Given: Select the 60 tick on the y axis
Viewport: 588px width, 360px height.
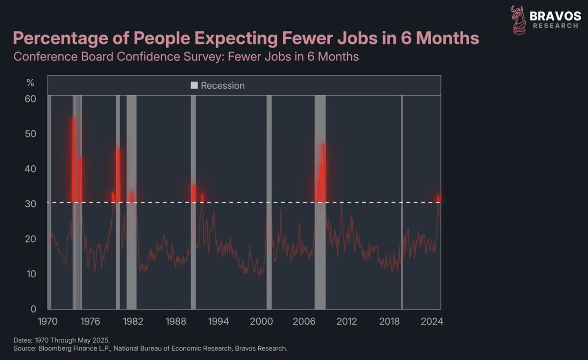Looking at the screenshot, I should point(31,98).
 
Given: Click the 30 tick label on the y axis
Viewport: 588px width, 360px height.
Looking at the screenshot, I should point(31,204).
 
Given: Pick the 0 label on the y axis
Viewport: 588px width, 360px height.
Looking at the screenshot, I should point(34,309).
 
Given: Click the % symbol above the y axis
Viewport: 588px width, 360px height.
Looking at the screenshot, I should point(30,83).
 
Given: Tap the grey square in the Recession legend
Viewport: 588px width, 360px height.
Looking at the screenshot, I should point(194,86).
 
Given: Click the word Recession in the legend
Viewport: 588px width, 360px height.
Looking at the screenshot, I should point(222,86).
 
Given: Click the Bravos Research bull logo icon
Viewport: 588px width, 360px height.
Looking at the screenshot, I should point(517,20).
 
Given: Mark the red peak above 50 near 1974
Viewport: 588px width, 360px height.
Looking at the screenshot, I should point(73,119).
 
